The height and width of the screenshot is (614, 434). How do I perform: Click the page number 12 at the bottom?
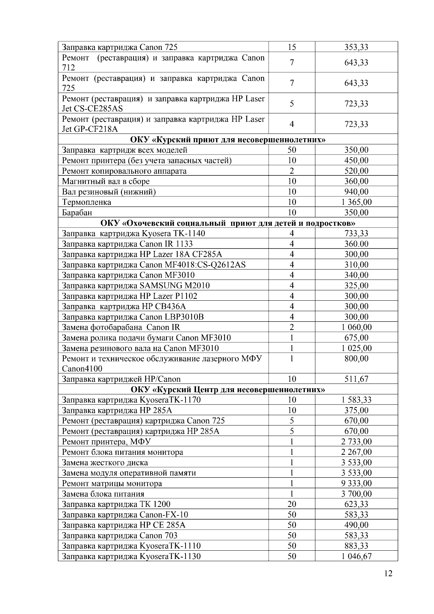tap(388, 573)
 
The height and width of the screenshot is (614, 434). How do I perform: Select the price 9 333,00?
tap(356, 483)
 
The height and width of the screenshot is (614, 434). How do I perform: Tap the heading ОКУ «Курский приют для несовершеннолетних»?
tap(227, 139)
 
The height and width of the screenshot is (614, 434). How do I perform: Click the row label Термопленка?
tap(87, 202)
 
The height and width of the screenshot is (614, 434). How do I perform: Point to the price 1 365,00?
tap(356, 202)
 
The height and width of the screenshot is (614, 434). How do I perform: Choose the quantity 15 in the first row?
tap(292, 47)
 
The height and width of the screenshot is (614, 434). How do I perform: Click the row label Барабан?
tap(77, 213)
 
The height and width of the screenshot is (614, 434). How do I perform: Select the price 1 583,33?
tap(356, 400)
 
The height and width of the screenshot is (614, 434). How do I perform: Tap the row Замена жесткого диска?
tap(105, 462)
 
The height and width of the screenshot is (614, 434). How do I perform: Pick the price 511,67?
tap(356, 379)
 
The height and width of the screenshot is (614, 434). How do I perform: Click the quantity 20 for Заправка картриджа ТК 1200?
tap(292, 504)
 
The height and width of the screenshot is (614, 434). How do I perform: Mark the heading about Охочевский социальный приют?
tap(227, 223)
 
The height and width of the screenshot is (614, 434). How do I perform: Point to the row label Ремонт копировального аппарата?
tap(124, 171)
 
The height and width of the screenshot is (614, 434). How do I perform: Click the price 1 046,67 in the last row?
tap(356, 556)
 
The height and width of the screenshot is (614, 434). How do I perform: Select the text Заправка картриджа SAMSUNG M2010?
tap(136, 285)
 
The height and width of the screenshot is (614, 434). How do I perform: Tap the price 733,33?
tap(356, 233)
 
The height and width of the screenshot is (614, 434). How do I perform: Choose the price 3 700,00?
tap(356, 494)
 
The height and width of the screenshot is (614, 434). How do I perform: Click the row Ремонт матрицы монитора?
tap(112, 483)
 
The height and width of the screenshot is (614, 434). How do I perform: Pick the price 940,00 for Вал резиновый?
tap(356, 192)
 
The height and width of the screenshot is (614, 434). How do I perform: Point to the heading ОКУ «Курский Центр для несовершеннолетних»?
tap(227, 390)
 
